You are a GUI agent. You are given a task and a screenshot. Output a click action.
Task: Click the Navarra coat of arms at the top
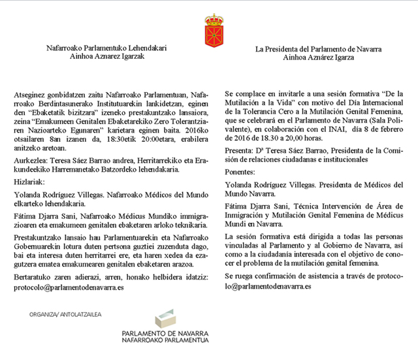pos(213,29)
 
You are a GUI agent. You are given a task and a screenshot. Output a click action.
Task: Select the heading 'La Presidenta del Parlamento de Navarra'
pos(319,48)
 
